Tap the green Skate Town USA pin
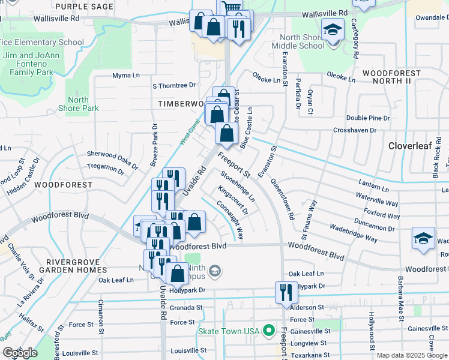[270, 331]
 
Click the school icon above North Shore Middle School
[332, 29]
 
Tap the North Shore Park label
[78, 104]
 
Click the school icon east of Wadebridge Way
[423, 238]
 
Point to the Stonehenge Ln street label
[238, 186]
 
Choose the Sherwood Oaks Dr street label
[112, 155]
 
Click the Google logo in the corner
[20, 353]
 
